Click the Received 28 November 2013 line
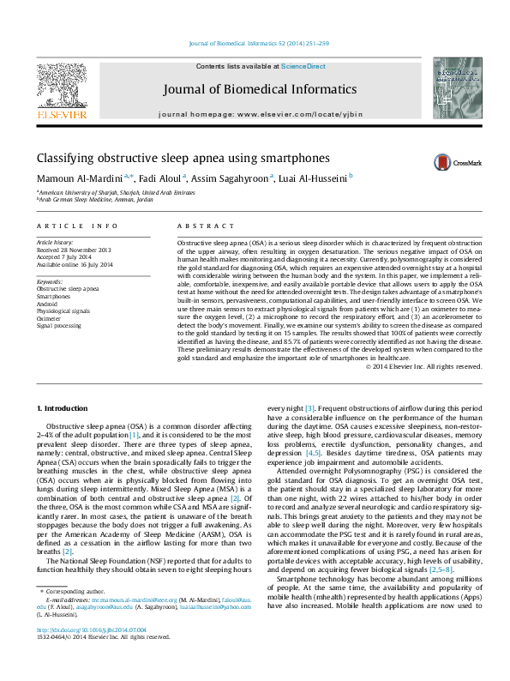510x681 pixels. click(75, 250)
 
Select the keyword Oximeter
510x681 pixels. click(50, 317)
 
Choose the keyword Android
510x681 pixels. click(49, 303)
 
